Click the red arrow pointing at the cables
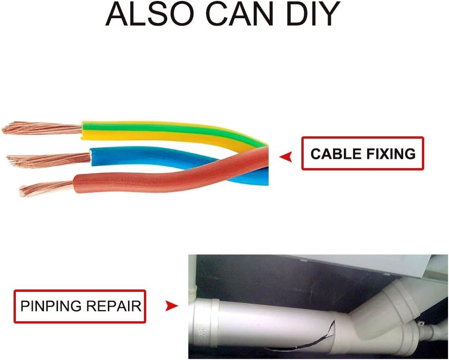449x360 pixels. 285,157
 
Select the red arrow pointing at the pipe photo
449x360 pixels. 171,306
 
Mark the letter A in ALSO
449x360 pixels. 117,15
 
